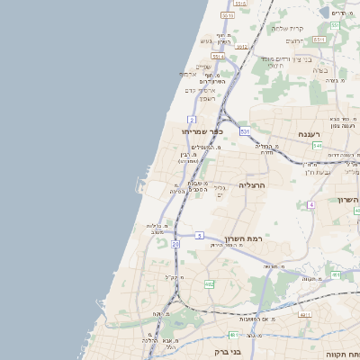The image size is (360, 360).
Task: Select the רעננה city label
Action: click(x=315, y=133)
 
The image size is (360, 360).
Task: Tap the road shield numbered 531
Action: click(x=245, y=131)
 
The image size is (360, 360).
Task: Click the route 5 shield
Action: click(x=198, y=236)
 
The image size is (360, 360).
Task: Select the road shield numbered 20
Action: click(x=175, y=244)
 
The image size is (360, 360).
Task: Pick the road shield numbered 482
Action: click(x=209, y=284)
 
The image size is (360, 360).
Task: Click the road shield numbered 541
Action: click(x=343, y=145)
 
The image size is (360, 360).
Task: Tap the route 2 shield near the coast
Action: click(x=192, y=119)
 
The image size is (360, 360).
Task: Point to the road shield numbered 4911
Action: click(x=305, y=315)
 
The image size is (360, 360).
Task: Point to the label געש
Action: click(x=206, y=41)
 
